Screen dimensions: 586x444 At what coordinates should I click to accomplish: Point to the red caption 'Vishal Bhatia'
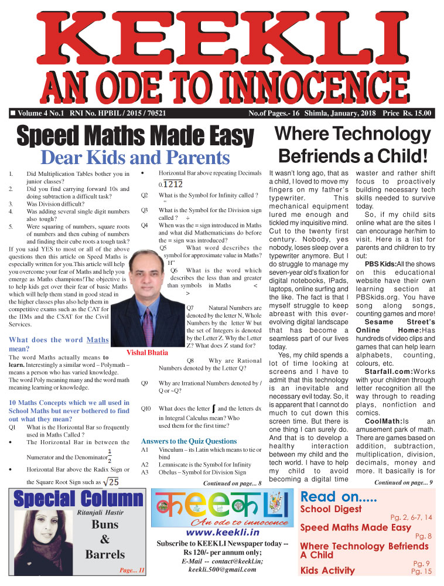147,353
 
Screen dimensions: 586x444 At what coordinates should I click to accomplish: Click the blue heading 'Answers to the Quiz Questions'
189,441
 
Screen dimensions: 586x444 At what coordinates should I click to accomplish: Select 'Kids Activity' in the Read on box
327,570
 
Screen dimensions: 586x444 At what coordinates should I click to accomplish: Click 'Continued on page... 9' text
403,482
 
